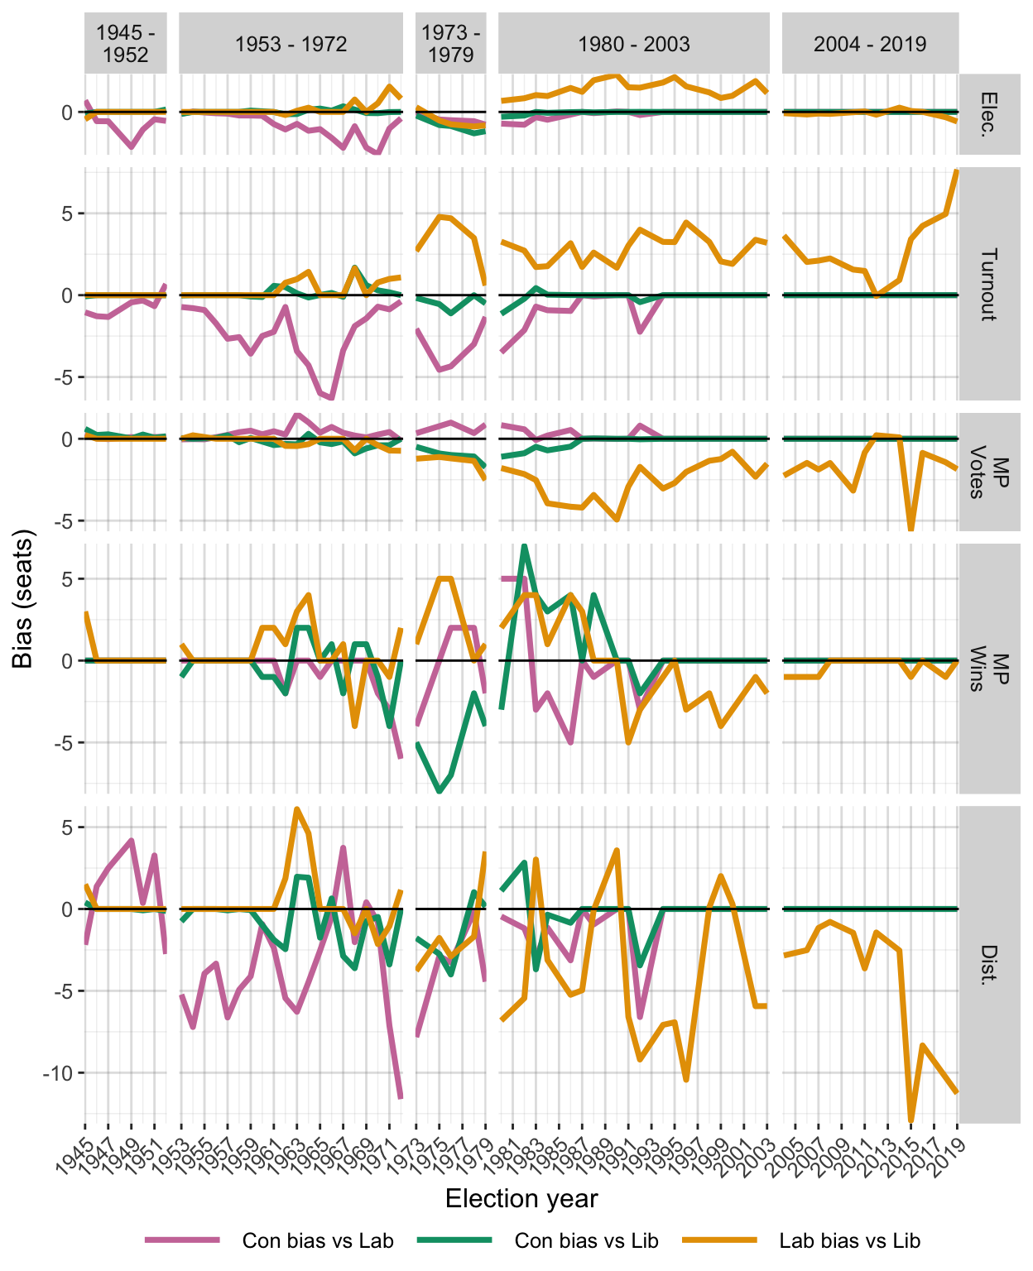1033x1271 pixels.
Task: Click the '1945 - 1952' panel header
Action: click(x=126, y=44)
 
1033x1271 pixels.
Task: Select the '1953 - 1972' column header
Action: click(x=291, y=44)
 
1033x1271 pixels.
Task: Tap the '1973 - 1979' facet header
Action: click(x=450, y=44)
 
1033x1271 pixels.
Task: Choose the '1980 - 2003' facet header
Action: click(x=633, y=44)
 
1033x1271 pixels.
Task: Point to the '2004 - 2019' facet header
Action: click(x=870, y=44)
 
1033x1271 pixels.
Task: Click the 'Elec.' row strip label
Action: click(x=989, y=113)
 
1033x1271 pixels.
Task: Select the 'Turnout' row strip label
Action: click(x=989, y=284)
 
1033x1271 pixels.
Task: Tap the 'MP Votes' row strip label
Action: click(x=989, y=472)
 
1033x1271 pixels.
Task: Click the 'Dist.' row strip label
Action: click(x=989, y=964)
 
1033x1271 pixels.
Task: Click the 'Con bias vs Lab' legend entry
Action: click(x=318, y=1240)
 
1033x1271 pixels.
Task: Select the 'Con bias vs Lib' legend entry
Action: click(x=586, y=1240)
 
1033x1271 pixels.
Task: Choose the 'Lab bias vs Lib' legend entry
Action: click(x=849, y=1240)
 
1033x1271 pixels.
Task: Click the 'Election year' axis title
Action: click(x=521, y=1199)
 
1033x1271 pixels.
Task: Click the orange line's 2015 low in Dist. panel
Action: click(x=911, y=1120)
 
